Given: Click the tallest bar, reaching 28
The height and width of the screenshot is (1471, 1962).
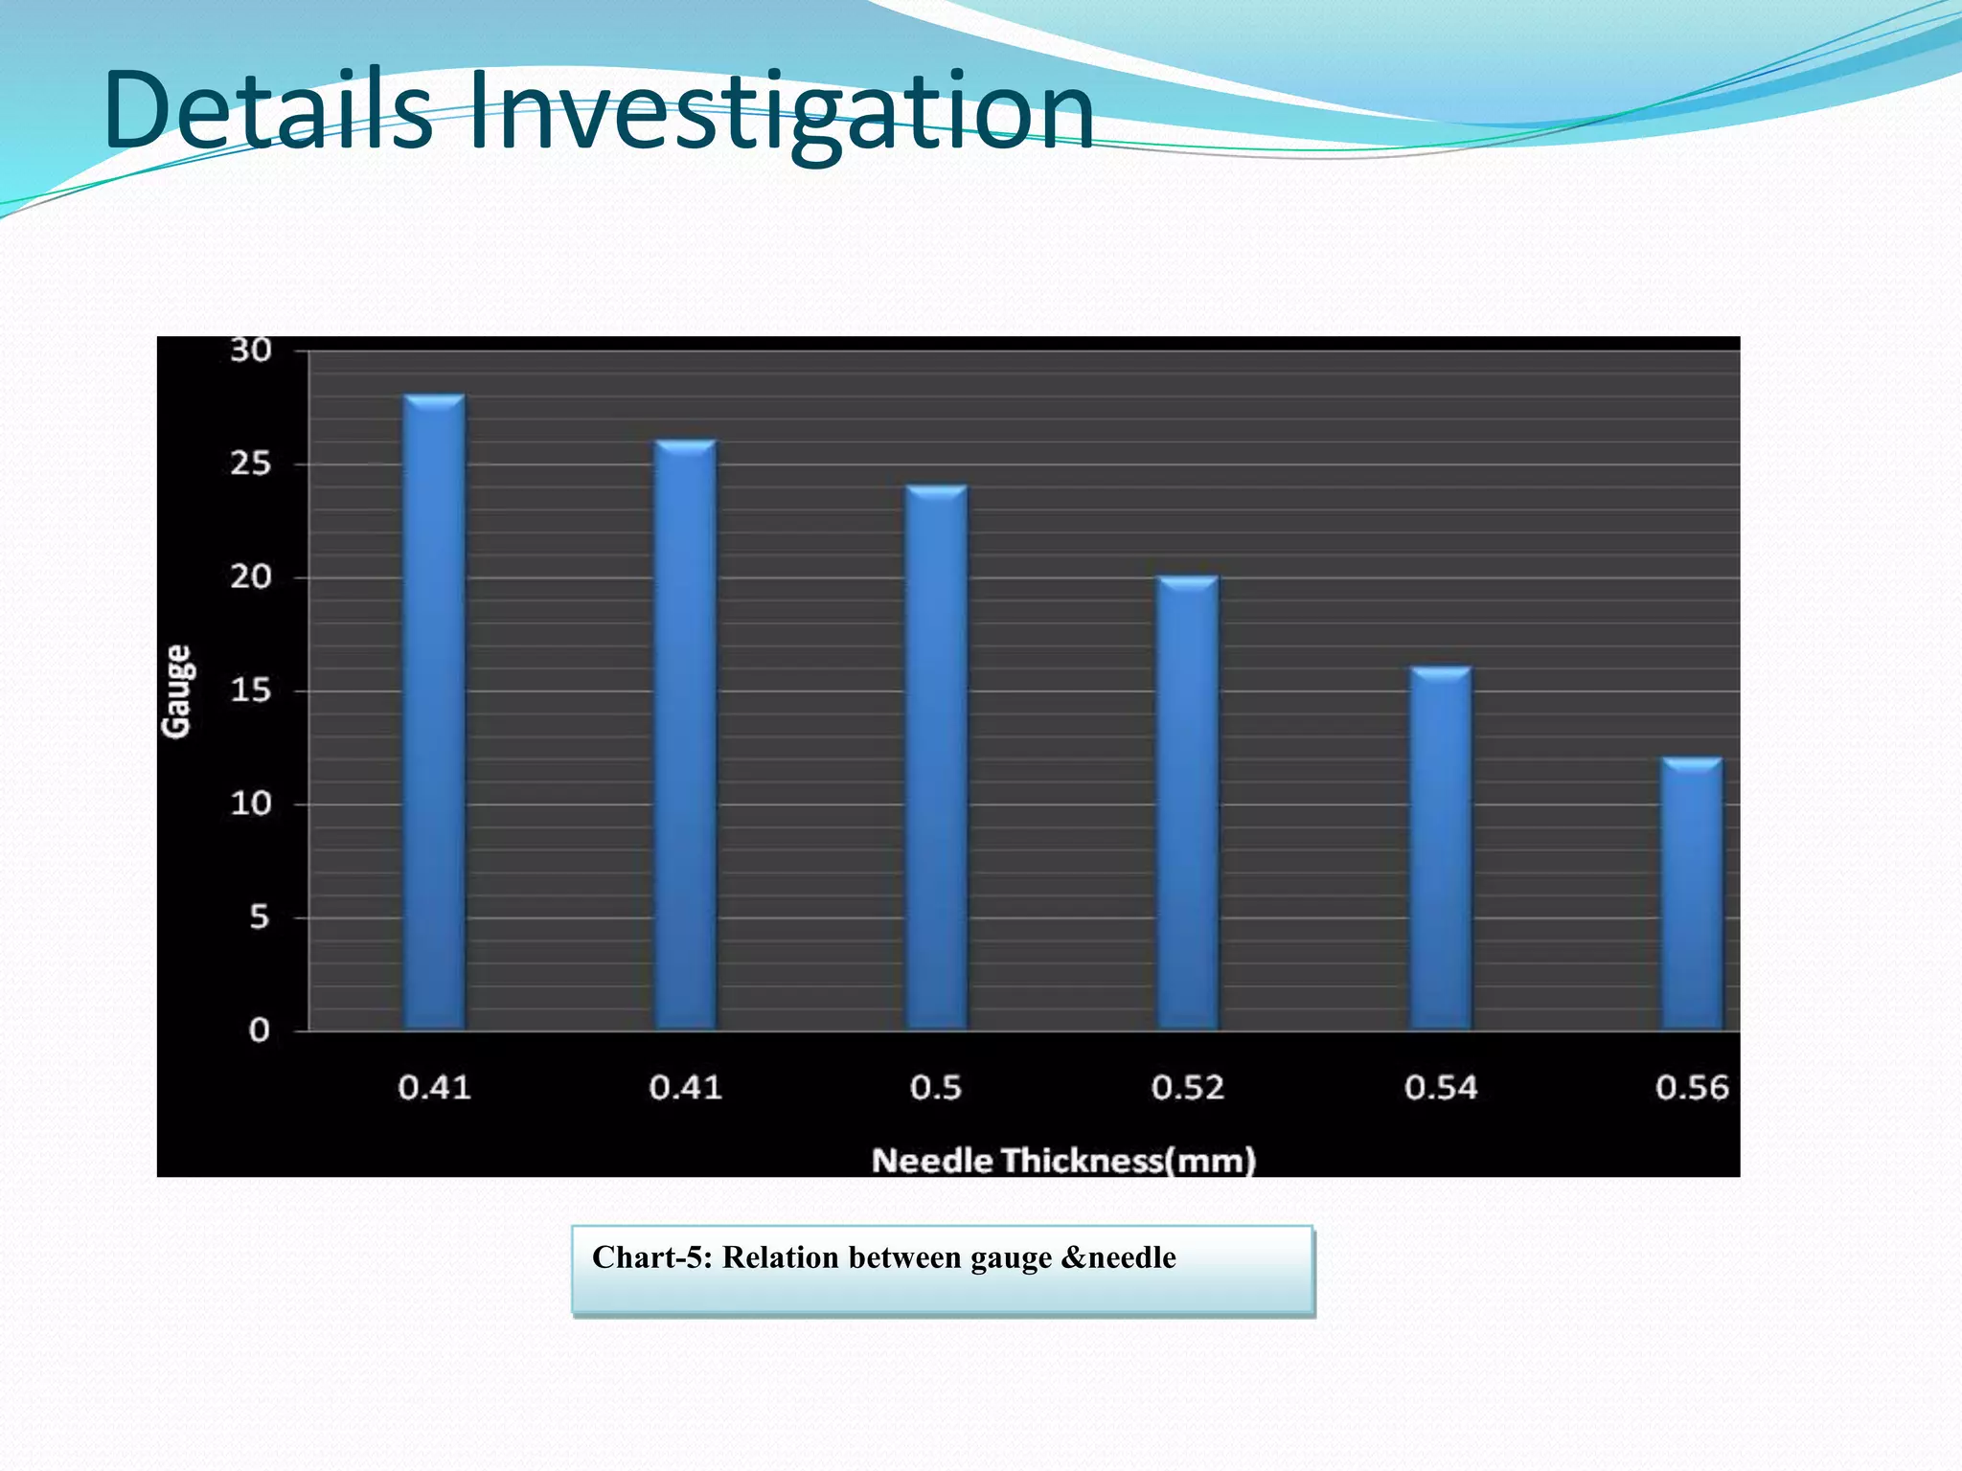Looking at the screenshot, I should click(434, 713).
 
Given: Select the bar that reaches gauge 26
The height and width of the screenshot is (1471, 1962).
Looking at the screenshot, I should click(685, 735).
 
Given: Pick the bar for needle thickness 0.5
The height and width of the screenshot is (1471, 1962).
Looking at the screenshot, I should click(936, 758).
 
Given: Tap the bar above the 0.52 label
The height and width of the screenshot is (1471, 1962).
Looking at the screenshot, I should click(1188, 803).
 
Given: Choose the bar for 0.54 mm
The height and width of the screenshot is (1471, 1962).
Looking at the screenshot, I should click(1440, 849).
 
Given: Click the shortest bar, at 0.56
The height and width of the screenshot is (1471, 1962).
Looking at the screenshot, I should click(1691, 894).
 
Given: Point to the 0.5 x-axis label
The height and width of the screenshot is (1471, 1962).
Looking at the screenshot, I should click(936, 1088).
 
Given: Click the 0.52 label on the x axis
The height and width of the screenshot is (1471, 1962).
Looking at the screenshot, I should click(1188, 1088).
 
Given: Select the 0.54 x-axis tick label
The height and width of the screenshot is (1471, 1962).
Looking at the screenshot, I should click(1441, 1088).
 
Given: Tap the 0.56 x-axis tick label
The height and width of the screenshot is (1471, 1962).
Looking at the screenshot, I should click(1692, 1088).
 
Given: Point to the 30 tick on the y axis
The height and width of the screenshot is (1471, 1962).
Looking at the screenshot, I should click(251, 351).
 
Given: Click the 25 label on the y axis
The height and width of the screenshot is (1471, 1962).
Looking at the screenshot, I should click(251, 464).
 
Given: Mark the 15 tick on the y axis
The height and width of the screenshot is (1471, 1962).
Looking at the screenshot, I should click(251, 690).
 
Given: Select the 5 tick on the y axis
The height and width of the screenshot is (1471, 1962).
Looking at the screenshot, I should click(259, 917).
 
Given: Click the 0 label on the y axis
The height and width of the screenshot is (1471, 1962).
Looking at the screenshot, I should click(259, 1030).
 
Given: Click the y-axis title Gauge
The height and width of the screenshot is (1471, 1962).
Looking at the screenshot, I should click(177, 690).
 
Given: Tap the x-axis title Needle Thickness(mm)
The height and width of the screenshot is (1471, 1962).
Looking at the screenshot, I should click(1063, 1161).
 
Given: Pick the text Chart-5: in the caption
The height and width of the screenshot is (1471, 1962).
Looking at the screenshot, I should click(651, 1257).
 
